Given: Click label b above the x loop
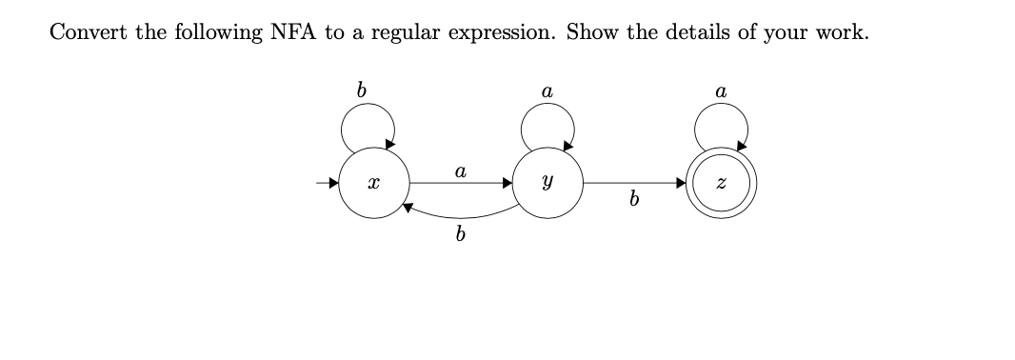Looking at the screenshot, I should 361,91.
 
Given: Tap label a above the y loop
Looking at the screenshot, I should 546,92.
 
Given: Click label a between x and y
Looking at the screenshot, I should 460,171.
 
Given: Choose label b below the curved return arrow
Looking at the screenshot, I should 461,234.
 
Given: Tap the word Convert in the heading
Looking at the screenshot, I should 88,30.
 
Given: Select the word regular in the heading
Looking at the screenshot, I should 403,32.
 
